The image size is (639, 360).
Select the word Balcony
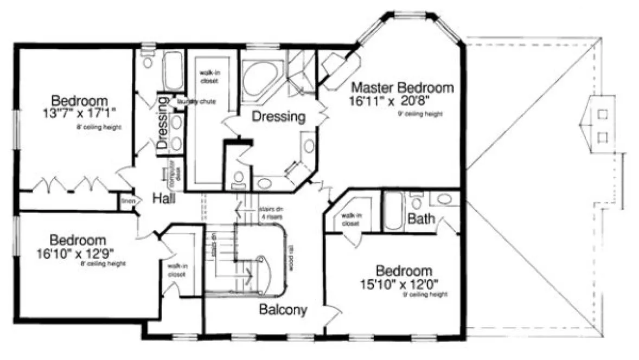tap(283, 310)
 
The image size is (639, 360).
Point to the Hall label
tap(164, 199)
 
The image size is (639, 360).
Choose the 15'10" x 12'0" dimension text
tap(405, 282)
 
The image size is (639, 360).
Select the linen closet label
tap(127, 202)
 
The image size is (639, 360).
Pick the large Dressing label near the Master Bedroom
tap(279, 117)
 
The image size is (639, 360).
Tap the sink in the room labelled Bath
tap(444, 199)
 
